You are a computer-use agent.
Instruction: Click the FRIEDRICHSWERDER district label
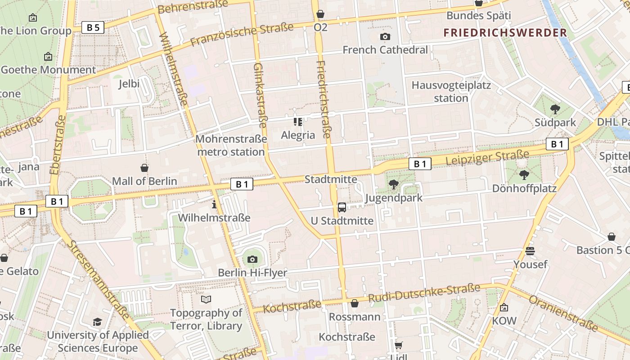(505, 32)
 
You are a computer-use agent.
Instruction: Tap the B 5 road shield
(93, 27)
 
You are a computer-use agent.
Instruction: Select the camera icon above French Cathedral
(385, 36)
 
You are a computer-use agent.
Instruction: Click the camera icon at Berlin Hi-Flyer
(252, 259)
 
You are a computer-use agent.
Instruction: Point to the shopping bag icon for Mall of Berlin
(144, 168)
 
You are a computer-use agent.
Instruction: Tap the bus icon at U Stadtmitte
(342, 207)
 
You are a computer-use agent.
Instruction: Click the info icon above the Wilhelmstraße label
(214, 204)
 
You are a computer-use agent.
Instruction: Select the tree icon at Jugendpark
(394, 184)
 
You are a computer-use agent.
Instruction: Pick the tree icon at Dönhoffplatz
(524, 175)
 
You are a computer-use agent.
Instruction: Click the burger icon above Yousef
(530, 251)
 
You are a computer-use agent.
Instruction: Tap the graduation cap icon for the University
(97, 322)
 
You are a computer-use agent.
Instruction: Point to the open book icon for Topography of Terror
(206, 299)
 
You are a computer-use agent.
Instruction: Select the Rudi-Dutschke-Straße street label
(424, 293)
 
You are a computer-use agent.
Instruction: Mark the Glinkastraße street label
(260, 94)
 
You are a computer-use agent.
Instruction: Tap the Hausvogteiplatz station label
(451, 91)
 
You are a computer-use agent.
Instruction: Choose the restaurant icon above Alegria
(298, 121)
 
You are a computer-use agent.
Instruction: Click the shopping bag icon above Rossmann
(355, 303)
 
